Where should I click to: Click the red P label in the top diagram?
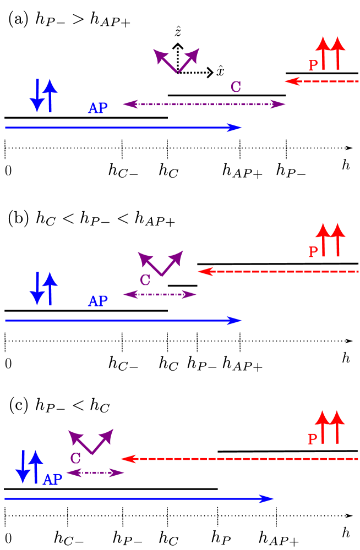click(x=313, y=65)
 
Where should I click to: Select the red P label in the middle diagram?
click(x=313, y=252)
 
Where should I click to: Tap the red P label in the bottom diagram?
click(x=313, y=439)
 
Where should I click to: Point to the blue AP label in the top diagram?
click(x=98, y=108)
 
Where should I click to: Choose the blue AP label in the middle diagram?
click(x=98, y=301)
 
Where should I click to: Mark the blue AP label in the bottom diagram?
click(x=53, y=480)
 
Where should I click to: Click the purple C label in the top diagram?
click(x=236, y=87)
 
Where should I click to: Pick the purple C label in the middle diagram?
click(x=145, y=280)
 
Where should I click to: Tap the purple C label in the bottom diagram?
click(x=75, y=459)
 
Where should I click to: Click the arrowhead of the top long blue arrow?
click(x=236, y=128)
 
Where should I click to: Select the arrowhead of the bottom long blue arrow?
click(x=268, y=499)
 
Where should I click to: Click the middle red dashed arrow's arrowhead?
click(x=204, y=271)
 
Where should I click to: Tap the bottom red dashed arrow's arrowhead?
click(x=127, y=459)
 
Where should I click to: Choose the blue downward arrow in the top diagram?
click(x=37, y=97)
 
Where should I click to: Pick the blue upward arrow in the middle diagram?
click(x=50, y=288)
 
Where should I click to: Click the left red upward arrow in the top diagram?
click(x=323, y=53)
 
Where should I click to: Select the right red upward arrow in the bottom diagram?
click(x=337, y=426)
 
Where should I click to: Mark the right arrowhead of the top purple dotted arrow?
click(x=279, y=104)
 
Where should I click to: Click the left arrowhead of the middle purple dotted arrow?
click(x=129, y=294)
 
